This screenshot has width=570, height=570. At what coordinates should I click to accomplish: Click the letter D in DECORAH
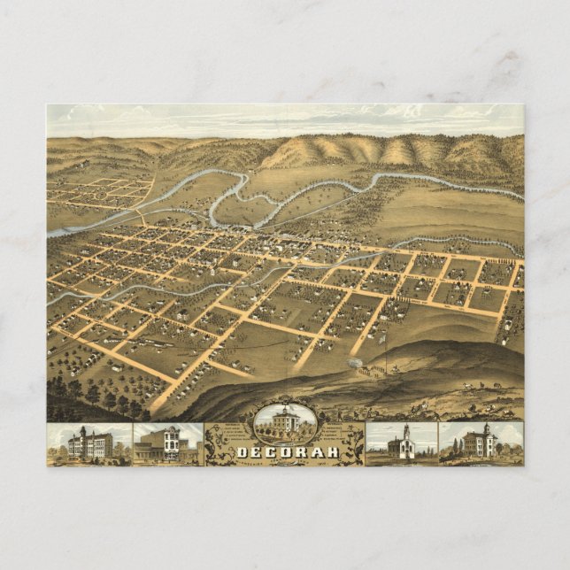242,452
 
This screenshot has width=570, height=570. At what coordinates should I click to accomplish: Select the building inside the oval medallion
284,422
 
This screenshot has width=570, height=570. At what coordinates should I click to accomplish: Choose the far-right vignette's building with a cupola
481,441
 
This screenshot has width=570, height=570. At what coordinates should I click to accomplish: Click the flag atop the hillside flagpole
381,335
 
